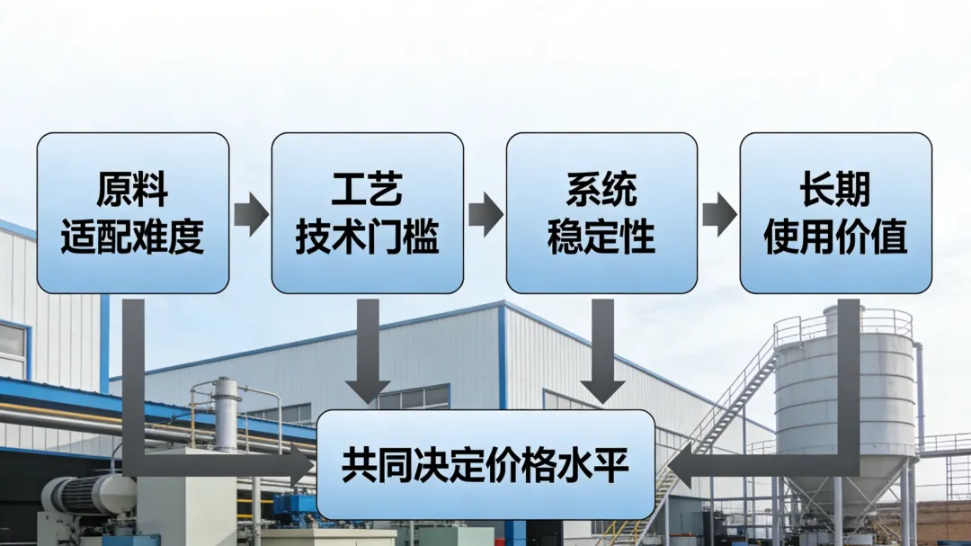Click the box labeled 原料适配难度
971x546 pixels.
pyautogui.click(x=132, y=213)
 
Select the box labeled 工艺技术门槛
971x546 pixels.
pyautogui.click(x=367, y=213)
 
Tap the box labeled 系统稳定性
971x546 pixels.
pyautogui.click(x=601, y=213)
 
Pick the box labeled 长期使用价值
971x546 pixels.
pyautogui.click(x=835, y=213)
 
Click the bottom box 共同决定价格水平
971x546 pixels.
pyautogui.click(x=485, y=465)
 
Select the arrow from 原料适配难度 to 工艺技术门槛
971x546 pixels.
pyautogui.click(x=251, y=213)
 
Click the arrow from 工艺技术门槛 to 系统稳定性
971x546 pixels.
pyautogui.click(x=485, y=213)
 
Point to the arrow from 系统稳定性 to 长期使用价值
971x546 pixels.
pyautogui.click(x=719, y=213)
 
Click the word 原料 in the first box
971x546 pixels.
pyautogui.click(x=132, y=191)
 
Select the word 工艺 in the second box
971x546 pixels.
pyautogui.click(x=367, y=191)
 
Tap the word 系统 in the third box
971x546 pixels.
pyautogui.click(x=601, y=191)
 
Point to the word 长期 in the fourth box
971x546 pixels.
pyautogui.click(x=835, y=191)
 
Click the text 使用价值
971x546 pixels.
pyautogui.click(x=835, y=237)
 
